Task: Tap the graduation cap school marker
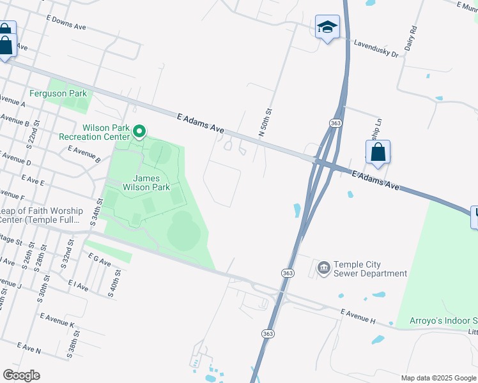pos(327,27)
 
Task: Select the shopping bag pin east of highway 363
pos(378,153)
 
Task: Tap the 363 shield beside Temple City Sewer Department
pos(288,273)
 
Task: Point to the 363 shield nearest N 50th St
pos(335,123)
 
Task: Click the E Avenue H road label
pos(358,316)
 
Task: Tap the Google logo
pos(21,375)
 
